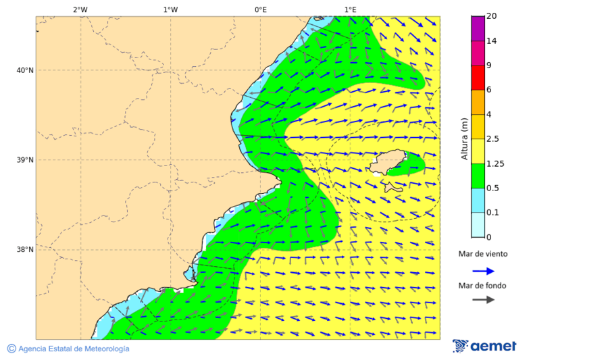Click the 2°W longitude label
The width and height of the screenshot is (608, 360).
pyautogui.click(x=80, y=9)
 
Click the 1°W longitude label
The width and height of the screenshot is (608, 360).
pyautogui.click(x=170, y=9)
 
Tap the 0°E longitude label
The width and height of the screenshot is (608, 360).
pyautogui.click(x=260, y=9)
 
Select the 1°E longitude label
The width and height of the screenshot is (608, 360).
pyautogui.click(x=350, y=9)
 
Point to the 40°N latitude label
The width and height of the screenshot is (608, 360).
pyautogui.click(x=24, y=70)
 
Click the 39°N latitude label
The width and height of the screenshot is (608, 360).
pyautogui.click(x=24, y=160)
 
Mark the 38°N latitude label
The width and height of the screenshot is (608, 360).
pyautogui.click(x=24, y=250)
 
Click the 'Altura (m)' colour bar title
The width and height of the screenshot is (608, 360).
pyautogui.click(x=464, y=138)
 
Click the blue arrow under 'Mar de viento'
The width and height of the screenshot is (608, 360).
pyautogui.click(x=483, y=271)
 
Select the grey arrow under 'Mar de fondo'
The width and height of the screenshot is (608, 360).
pyautogui.click(x=483, y=299)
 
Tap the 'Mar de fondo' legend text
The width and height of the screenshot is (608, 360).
pyautogui.click(x=482, y=285)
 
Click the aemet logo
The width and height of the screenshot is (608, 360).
pyautogui.click(x=484, y=346)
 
